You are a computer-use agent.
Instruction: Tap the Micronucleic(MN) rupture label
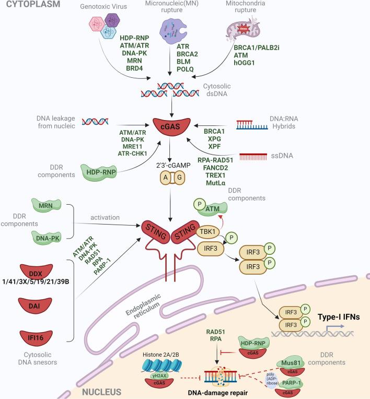click(x=175, y=5)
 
